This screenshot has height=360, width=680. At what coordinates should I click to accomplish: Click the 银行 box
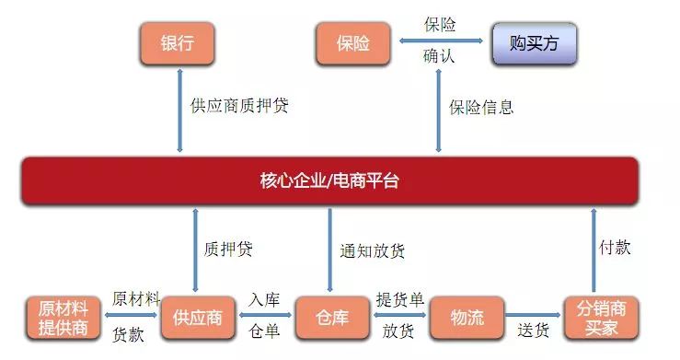click(x=177, y=41)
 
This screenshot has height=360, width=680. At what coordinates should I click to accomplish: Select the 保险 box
click(x=353, y=42)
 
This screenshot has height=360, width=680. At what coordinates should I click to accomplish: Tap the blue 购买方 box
click(x=534, y=42)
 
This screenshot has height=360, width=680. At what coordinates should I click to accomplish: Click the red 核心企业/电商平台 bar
click(x=329, y=180)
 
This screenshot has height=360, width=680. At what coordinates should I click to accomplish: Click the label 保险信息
click(x=481, y=107)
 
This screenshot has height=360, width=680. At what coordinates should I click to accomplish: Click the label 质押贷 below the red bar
click(x=228, y=249)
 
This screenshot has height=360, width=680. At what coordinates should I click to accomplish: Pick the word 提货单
click(x=399, y=300)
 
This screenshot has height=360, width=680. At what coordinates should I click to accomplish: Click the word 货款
click(x=128, y=334)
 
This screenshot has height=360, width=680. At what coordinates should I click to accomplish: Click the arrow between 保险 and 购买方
click(x=440, y=41)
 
